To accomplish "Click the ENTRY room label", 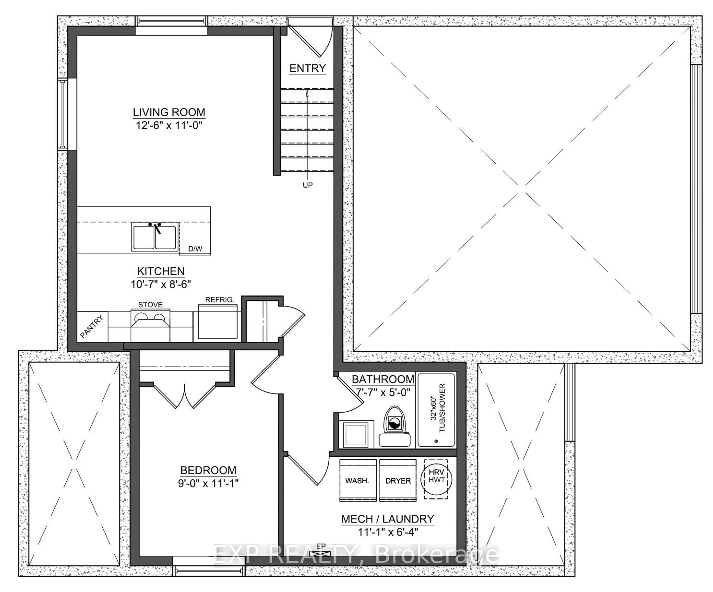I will [307, 68].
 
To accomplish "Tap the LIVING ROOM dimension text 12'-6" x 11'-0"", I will [169, 125].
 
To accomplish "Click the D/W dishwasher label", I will [195, 249].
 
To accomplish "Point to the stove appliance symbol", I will [150, 326].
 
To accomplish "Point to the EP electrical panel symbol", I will [320, 554].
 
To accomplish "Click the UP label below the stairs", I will [308, 185].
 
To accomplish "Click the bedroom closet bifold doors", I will [184, 397].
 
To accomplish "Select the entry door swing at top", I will [314, 39].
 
